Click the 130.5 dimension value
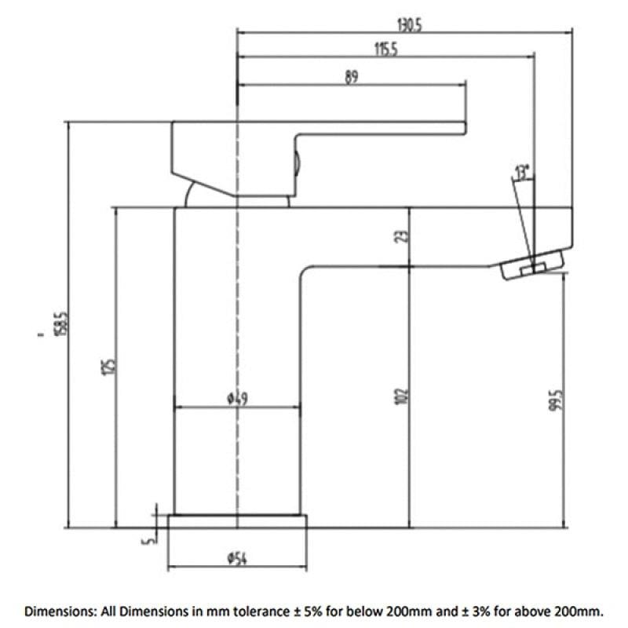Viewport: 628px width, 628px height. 410,26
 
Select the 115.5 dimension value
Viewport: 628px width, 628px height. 386,49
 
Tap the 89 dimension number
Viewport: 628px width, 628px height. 351,77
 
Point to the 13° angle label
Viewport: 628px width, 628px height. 522,172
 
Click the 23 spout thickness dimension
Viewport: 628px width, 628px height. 402,236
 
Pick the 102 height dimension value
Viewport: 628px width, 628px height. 402,396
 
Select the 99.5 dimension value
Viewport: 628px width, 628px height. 557,400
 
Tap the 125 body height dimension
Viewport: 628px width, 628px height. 108,367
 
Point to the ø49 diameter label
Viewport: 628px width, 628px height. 238,399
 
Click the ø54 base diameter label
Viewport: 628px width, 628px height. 237,558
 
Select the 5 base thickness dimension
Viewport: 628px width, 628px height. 148,540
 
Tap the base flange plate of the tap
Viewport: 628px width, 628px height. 237,521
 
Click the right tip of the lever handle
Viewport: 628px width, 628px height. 466,128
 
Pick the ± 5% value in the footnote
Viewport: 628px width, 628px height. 306,612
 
